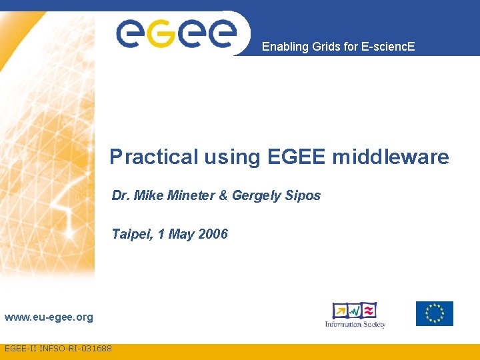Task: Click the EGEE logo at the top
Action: click(177, 33)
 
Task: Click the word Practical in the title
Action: click(155, 157)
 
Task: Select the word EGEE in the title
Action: click(297, 157)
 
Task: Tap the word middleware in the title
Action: click(391, 157)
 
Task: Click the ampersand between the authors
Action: click(223, 195)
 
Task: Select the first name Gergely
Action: click(256, 196)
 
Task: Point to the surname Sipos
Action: click(303, 196)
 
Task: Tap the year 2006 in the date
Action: click(213, 234)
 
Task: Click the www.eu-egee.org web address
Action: click(49, 317)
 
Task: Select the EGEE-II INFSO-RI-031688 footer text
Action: click(58, 349)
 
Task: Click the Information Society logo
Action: click(355, 315)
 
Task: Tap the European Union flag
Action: click(434, 313)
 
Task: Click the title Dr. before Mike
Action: click(121, 195)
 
